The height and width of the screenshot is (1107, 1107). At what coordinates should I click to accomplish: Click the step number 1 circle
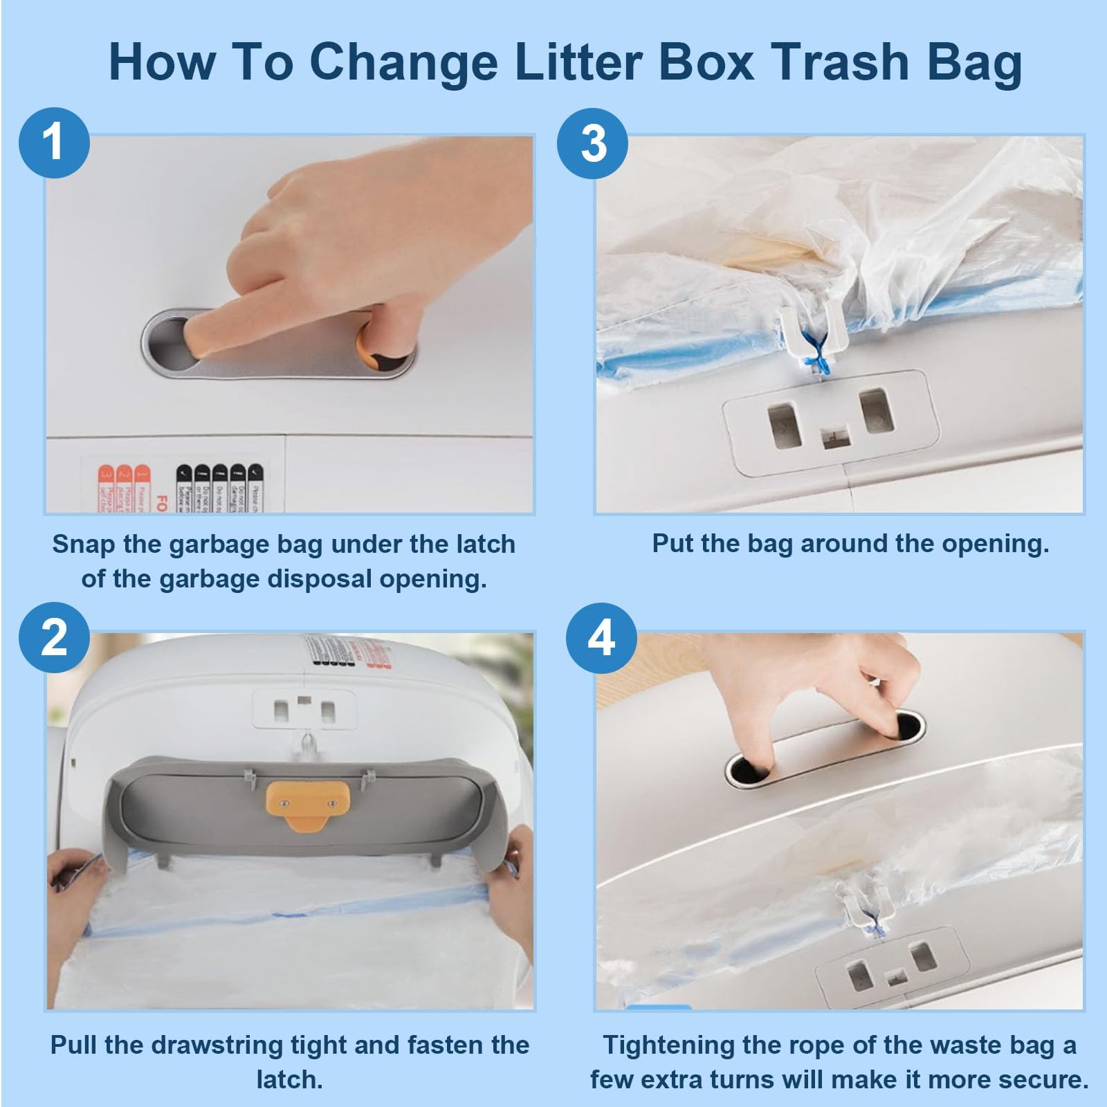coord(54,143)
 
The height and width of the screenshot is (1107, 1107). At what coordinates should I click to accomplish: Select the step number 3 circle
coord(593,144)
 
